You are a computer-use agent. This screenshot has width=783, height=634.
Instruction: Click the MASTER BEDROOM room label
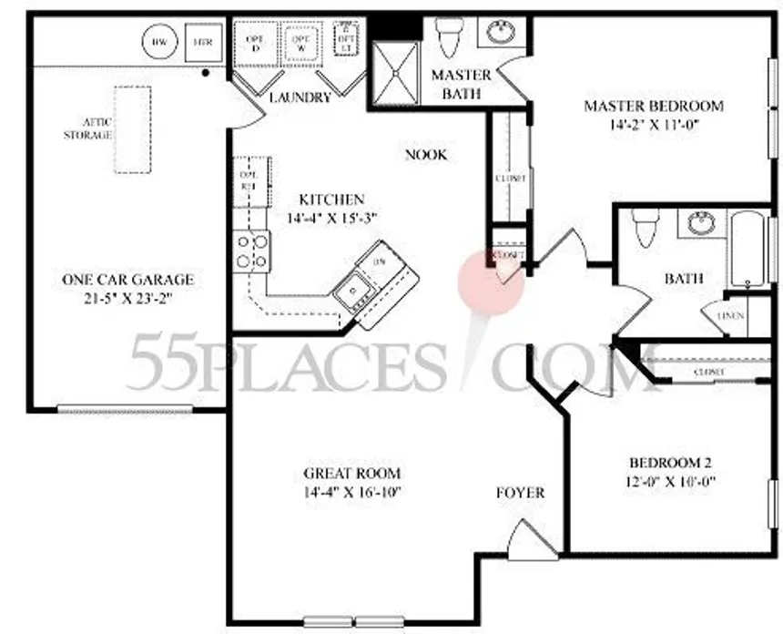653,107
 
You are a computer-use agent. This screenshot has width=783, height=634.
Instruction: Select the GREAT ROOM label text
352,474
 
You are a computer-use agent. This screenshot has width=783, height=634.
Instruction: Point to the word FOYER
520,493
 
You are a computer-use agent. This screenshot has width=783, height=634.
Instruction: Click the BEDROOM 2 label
668,462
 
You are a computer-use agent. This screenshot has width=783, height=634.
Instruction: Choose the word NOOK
425,155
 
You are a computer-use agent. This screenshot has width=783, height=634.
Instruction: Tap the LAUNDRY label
300,97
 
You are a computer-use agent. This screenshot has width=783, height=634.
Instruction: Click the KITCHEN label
331,199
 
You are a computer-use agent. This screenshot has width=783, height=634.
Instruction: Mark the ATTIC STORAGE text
87,128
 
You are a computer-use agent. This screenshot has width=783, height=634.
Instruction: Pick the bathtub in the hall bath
748,248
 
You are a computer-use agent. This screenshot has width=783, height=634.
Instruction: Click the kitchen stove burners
252,251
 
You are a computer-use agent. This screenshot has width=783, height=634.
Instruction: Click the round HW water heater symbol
159,41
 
